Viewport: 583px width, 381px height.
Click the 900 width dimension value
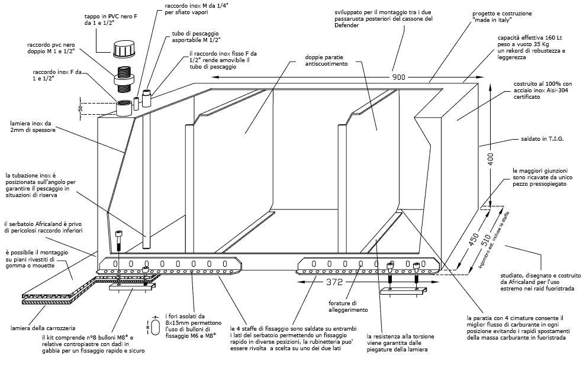tap(399, 78)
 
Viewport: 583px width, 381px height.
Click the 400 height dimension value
tap(491, 159)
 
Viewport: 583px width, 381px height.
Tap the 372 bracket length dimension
tap(334, 283)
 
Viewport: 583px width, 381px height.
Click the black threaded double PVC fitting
tap(124, 79)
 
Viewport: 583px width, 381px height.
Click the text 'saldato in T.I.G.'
tap(542, 139)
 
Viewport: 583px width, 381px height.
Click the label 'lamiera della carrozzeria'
tap(43, 328)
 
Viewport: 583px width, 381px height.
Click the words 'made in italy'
tap(492, 21)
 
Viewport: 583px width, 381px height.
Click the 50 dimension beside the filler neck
tap(80, 109)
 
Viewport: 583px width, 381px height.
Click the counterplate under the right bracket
tap(403, 291)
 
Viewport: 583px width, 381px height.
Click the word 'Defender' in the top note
tap(346, 25)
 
